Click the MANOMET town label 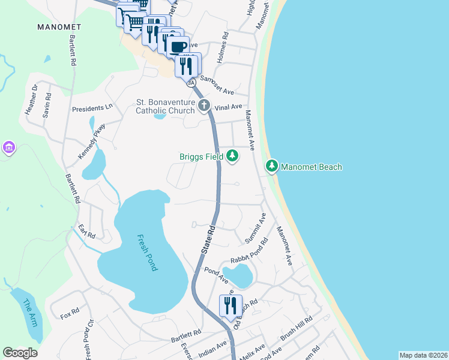[x=59, y=27]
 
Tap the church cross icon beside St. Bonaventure [x=204, y=106]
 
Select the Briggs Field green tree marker [x=232, y=157]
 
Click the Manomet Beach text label [x=312, y=166]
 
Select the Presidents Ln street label [x=92, y=109]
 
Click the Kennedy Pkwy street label [x=91, y=142]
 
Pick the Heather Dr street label [x=31, y=100]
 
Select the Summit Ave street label [x=255, y=228]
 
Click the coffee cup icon [x=178, y=46]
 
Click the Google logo [x=20, y=353]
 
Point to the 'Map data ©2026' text [x=423, y=355]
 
